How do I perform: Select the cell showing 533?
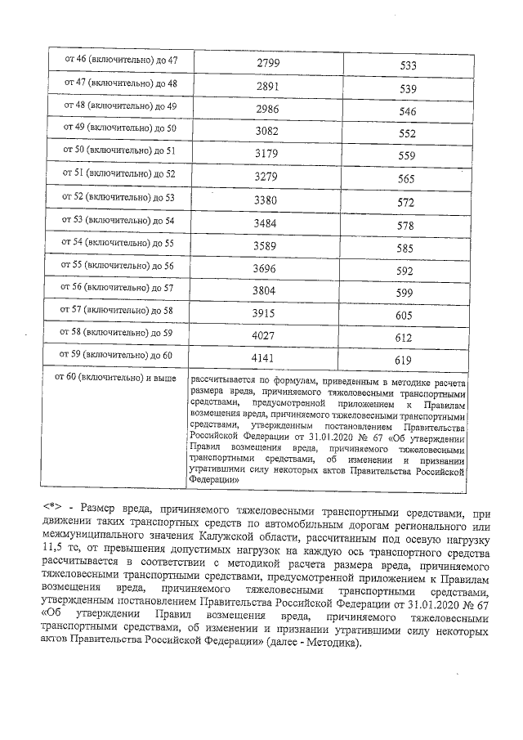coord(409,66)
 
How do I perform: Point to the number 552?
coord(409,132)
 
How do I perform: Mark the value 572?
coord(409,199)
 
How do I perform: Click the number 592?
coord(409,267)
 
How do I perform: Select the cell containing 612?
coord(409,336)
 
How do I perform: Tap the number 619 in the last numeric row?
coord(409,359)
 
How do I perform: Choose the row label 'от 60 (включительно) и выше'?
coord(114,378)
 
